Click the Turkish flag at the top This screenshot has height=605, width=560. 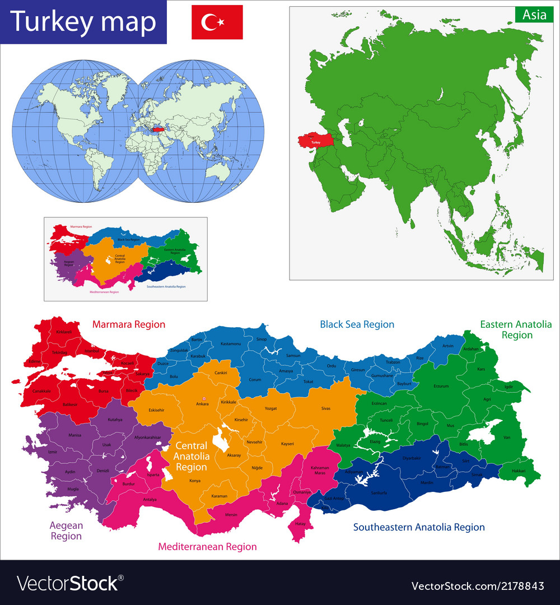(217, 22)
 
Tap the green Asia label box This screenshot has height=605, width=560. (534, 15)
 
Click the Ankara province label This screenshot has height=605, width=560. (202, 403)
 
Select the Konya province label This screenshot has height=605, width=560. (195, 481)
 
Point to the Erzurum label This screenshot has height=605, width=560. (441, 386)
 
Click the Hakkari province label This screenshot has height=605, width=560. (519, 471)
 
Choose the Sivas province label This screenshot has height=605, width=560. (325, 408)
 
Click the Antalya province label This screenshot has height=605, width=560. (150, 499)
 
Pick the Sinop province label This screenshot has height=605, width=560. (262, 339)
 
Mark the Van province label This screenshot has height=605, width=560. (507, 437)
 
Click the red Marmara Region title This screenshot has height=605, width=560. (129, 324)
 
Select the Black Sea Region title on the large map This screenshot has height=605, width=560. (357, 324)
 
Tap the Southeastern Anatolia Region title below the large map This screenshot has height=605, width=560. (419, 527)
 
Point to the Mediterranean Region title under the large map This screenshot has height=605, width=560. (207, 547)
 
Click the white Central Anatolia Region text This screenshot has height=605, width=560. (191, 456)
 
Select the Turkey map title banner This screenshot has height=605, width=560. (83, 22)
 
